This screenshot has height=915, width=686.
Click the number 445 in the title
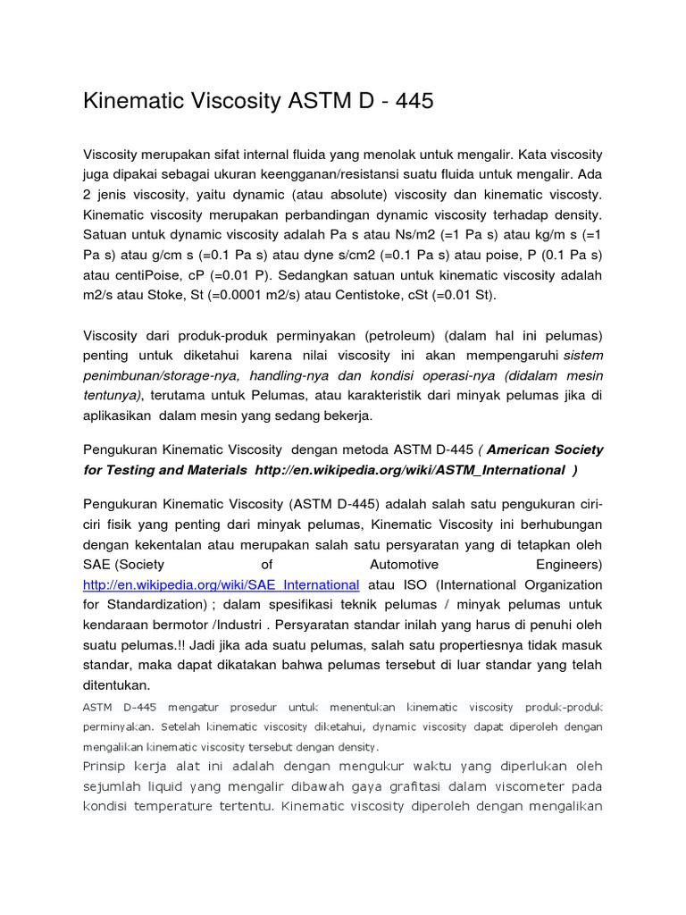(x=408, y=101)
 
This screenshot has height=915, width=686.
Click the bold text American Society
(x=545, y=449)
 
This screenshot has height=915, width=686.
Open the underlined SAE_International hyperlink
(x=221, y=584)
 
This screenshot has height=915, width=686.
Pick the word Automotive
(x=404, y=564)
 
